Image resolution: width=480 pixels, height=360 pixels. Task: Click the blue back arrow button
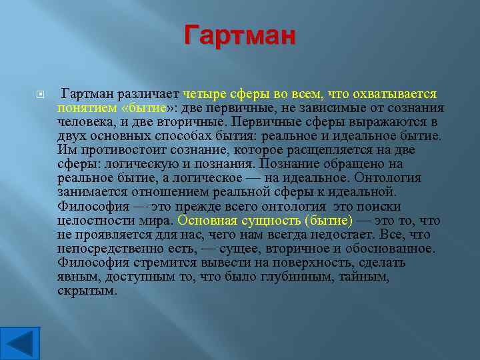(20, 342)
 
